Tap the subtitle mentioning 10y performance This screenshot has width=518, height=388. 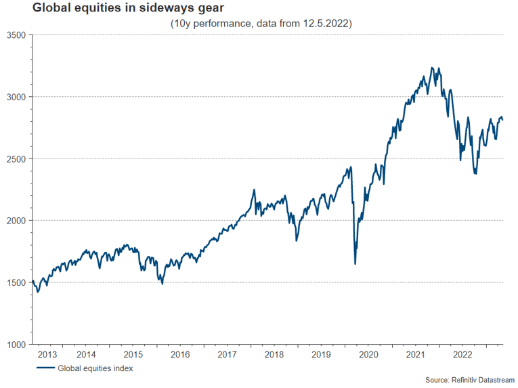(261, 24)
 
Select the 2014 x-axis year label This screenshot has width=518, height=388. (86, 354)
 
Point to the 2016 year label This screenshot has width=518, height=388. (180, 354)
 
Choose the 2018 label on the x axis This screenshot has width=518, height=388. (274, 354)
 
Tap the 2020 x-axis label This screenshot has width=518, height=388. (368, 354)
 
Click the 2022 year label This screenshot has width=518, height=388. (462, 354)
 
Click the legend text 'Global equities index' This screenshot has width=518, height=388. (95, 368)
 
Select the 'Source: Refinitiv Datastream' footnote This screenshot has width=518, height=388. (469, 381)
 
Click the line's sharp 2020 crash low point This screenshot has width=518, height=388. (355, 263)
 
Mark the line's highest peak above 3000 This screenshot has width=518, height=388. (432, 68)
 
